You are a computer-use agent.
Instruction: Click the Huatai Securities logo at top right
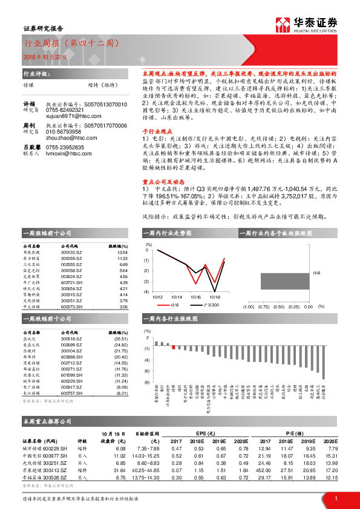click(306, 24)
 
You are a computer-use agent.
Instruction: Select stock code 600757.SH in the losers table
click(72, 393)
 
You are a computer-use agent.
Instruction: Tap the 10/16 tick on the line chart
click(195, 297)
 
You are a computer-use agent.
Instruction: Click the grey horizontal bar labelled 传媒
click(286, 281)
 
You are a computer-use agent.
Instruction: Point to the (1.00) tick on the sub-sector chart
click(248, 306)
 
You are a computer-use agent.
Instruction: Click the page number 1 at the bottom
click(335, 498)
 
